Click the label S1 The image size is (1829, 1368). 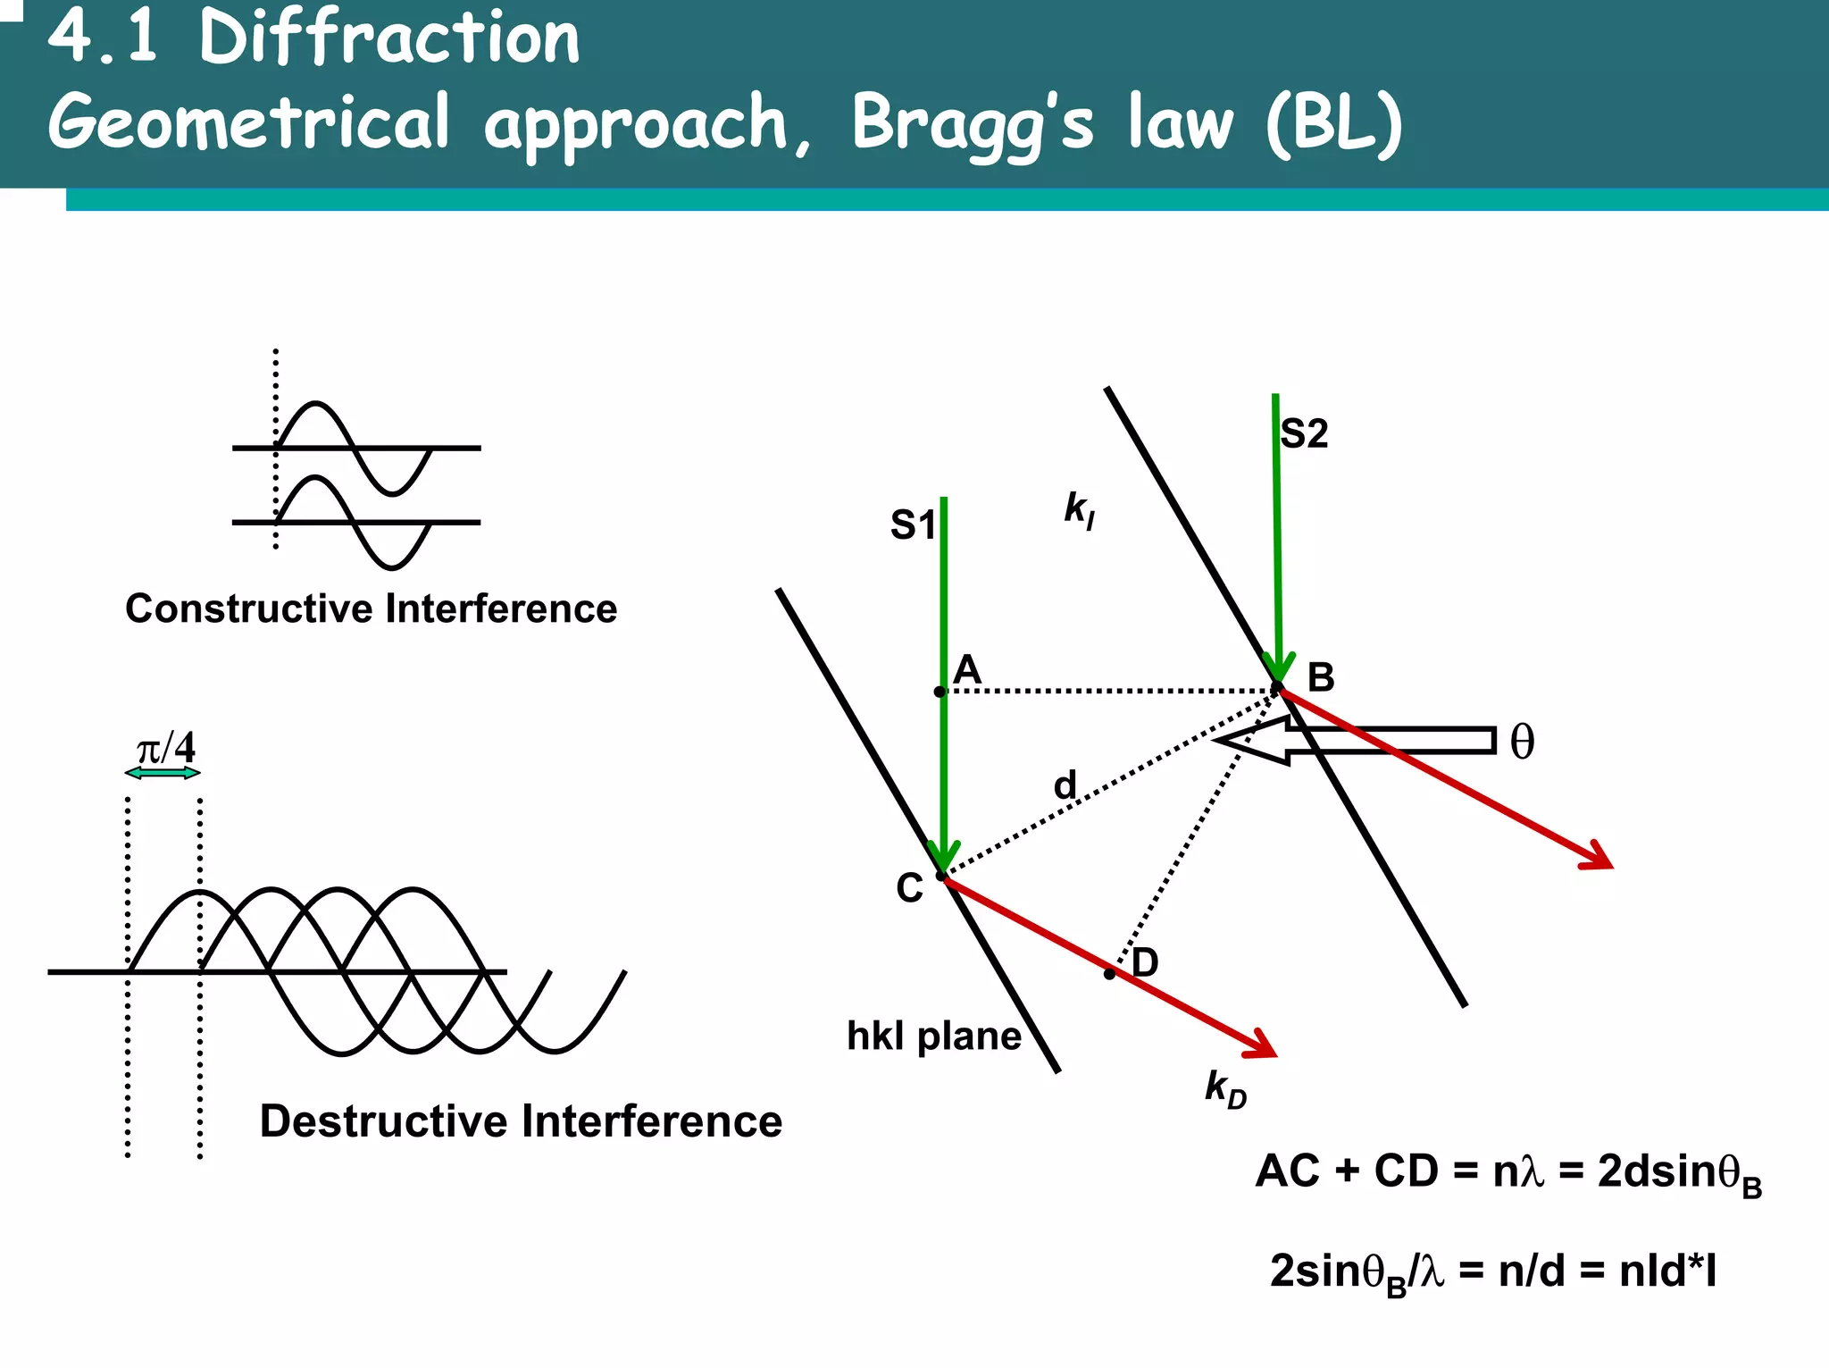pyautogui.click(x=912, y=525)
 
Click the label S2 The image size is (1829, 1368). pyautogui.click(x=1304, y=434)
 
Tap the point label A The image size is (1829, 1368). pyautogui.click(x=967, y=669)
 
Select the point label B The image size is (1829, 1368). pyautogui.click(x=1321, y=678)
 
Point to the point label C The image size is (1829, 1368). pyautogui.click(x=909, y=889)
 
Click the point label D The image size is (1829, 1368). pyautogui.click(x=1145, y=963)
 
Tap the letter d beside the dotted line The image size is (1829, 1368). pyautogui.click(x=1065, y=785)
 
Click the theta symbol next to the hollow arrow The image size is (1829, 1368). pyautogui.click(x=1522, y=743)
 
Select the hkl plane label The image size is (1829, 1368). pyautogui.click(x=933, y=1036)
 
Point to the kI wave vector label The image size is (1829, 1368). pyautogui.click(x=1079, y=510)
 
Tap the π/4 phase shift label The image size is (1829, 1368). pyautogui.click(x=165, y=748)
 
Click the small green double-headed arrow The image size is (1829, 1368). pyautogui.click(x=163, y=773)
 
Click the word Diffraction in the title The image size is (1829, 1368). pyautogui.click(x=389, y=38)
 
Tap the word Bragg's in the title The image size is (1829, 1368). pyautogui.click(x=972, y=123)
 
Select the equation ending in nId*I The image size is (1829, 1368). pyautogui.click(x=1492, y=1271)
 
